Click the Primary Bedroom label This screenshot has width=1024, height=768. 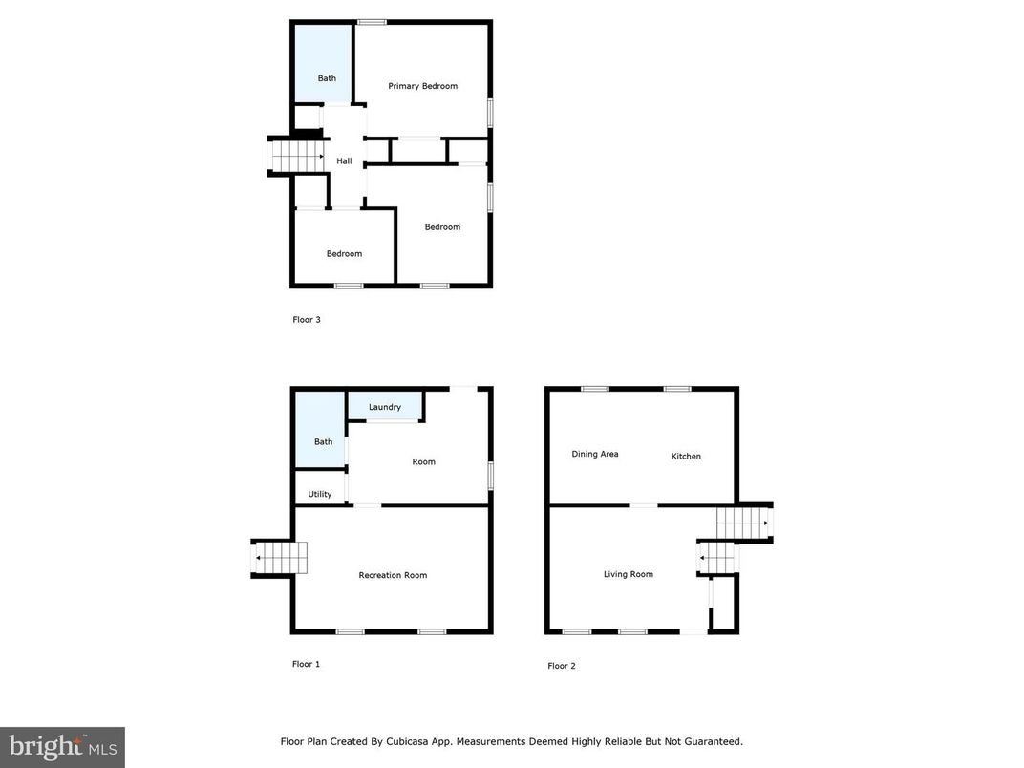tap(422, 86)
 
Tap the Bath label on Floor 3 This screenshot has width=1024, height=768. tap(327, 78)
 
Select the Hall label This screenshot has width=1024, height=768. tap(344, 160)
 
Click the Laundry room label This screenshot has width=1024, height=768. tap(385, 407)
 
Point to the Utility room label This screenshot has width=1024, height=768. tap(320, 494)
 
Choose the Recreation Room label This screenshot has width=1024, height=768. tap(393, 575)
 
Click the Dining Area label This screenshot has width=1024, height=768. tap(595, 454)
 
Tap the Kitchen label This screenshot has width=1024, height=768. tap(686, 456)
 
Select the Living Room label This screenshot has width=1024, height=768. tap(629, 574)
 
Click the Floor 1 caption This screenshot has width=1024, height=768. tap(306, 664)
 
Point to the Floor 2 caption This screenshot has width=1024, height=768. tap(562, 666)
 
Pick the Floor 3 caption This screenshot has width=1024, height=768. tap(307, 320)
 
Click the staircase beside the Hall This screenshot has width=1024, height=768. tap(297, 155)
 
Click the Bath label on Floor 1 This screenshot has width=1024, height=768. tap(324, 441)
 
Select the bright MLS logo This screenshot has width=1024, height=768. tap(62, 747)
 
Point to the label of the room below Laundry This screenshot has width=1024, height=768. tap(423, 461)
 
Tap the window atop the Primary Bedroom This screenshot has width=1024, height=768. tap(372, 21)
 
